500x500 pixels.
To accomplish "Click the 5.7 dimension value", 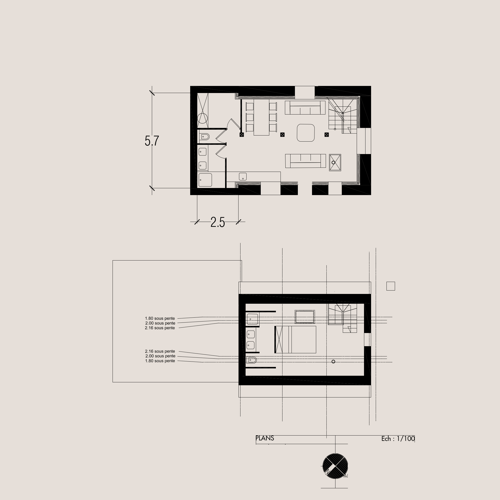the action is click(x=152, y=141).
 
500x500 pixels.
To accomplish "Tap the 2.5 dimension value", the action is click(x=218, y=222).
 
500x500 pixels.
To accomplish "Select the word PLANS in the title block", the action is click(x=265, y=438).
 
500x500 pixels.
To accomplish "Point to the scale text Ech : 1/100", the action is click(x=398, y=438).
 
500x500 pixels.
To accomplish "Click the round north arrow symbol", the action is click(x=335, y=466).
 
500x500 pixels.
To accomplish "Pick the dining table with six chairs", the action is click(x=261, y=117).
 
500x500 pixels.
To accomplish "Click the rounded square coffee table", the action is click(x=306, y=133).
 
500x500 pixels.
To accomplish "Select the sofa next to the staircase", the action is click(x=305, y=108).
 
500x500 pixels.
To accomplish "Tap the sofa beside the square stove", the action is click(x=305, y=161).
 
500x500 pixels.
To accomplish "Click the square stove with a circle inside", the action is click(x=335, y=163).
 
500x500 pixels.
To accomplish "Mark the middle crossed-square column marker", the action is click(x=282, y=135).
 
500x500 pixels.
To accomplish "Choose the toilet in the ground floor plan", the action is click(x=204, y=137).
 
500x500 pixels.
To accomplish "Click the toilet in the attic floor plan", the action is click(x=251, y=360).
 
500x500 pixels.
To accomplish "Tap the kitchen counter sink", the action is click(x=243, y=177).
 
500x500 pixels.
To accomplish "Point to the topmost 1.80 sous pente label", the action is click(x=160, y=318).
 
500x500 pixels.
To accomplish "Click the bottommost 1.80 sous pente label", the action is click(x=160, y=361).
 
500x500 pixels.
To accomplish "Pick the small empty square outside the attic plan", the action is click(x=391, y=286).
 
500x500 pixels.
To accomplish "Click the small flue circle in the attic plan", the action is click(x=333, y=362).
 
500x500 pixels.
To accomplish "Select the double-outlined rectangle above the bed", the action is click(x=305, y=317).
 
